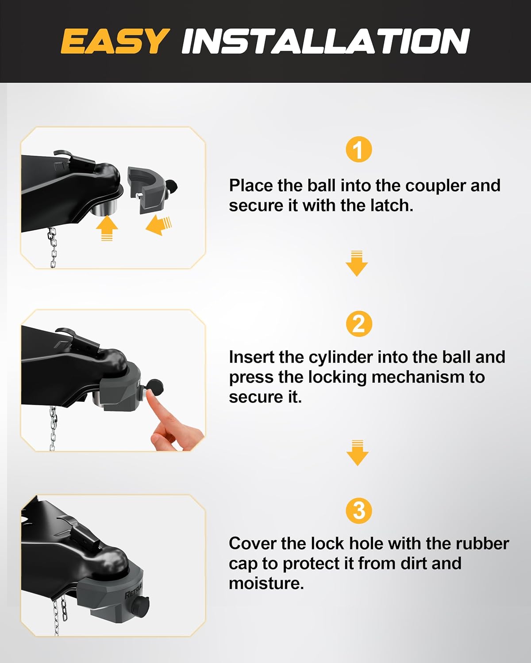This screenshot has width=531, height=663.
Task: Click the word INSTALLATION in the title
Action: (x=325, y=41)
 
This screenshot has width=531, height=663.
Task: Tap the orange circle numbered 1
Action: (x=358, y=149)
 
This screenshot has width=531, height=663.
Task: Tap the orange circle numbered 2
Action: (x=358, y=324)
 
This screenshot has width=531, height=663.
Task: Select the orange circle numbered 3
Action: (x=358, y=511)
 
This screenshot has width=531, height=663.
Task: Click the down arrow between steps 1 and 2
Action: (x=357, y=264)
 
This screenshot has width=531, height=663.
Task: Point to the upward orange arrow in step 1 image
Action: (x=107, y=228)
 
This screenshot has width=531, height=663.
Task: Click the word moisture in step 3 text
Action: (x=265, y=583)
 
